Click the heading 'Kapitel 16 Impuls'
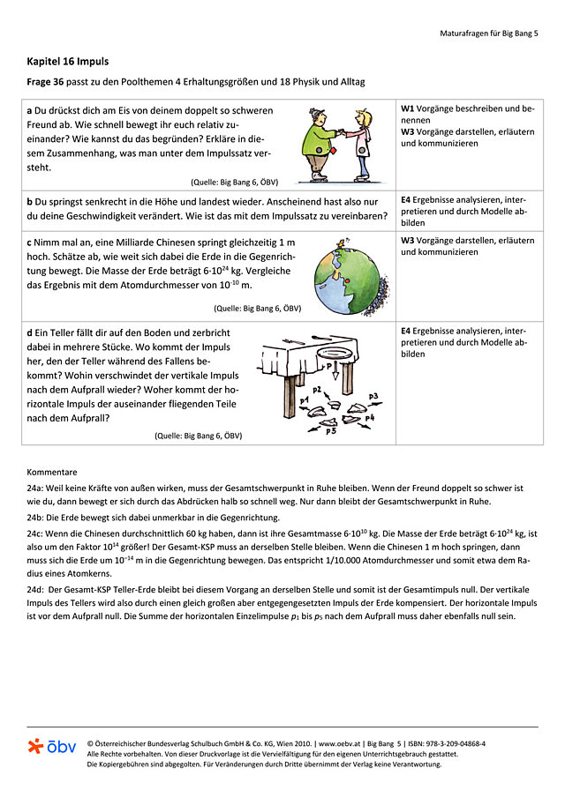(x=68, y=62)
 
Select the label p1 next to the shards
(x=305, y=399)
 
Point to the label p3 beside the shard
(x=373, y=396)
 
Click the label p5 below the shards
(x=330, y=431)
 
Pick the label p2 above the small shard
(x=316, y=388)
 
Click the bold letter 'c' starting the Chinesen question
(x=29, y=241)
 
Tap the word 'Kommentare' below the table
(x=51, y=472)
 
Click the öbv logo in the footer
(x=52, y=747)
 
